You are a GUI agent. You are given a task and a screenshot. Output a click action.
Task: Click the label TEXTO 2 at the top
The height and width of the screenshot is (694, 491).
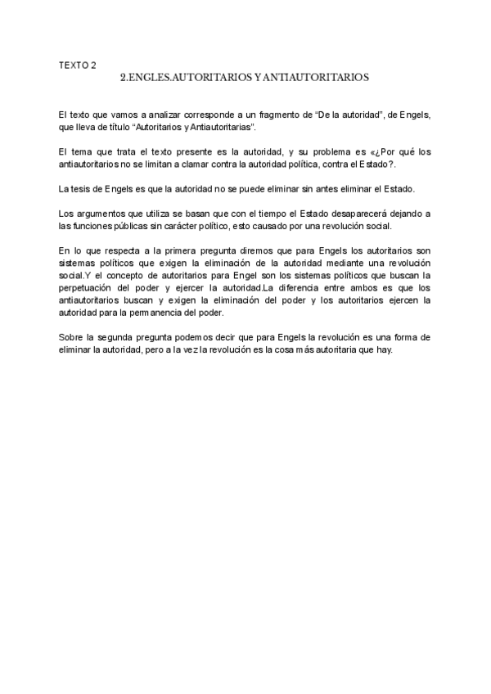(78, 65)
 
